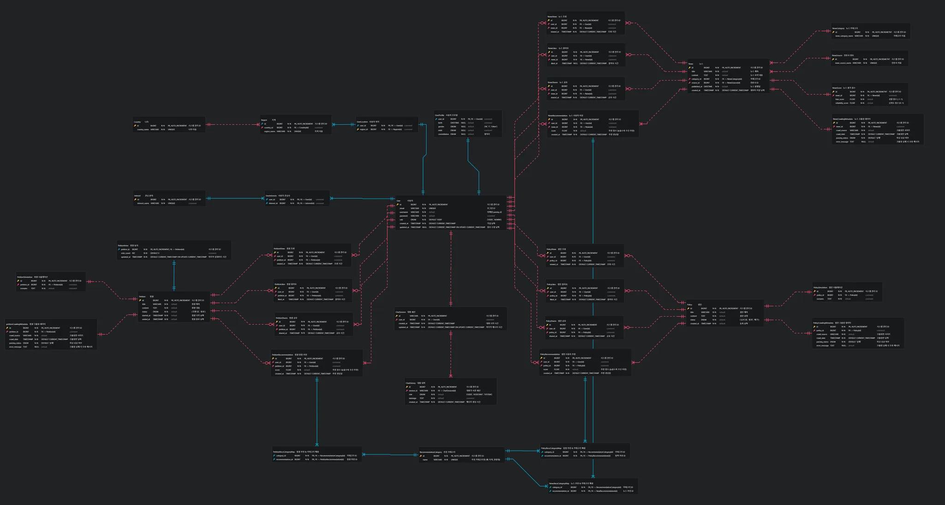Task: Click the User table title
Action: (x=399, y=201)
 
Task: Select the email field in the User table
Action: (x=402, y=208)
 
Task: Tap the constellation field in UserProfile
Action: (x=443, y=134)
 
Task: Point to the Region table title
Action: (x=264, y=120)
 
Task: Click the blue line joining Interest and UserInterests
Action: (x=235, y=199)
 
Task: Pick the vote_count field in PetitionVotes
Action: (x=126, y=253)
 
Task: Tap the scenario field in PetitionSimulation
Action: (x=24, y=288)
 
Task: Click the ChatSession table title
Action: (x=401, y=312)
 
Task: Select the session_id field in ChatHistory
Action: (x=413, y=391)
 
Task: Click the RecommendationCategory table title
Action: (x=431, y=452)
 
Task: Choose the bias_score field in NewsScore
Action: (x=840, y=99)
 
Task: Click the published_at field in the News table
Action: (x=697, y=87)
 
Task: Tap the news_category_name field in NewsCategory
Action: (x=844, y=36)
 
